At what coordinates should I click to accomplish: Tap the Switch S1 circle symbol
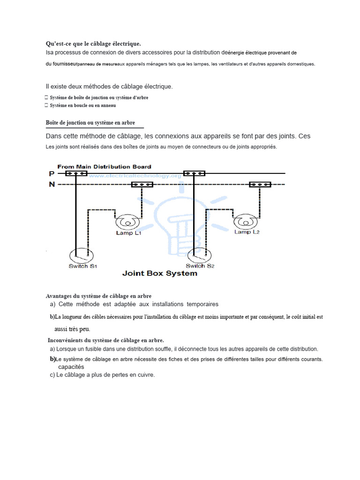(x=79, y=256)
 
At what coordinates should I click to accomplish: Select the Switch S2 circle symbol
(x=197, y=256)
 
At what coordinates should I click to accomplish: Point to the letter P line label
(x=51, y=173)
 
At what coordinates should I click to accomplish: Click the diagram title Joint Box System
(x=159, y=273)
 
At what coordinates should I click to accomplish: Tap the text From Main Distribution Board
(x=104, y=166)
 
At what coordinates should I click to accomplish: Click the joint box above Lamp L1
(x=142, y=185)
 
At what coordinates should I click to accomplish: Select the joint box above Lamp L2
(x=260, y=185)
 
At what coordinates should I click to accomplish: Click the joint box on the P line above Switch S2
(x=194, y=173)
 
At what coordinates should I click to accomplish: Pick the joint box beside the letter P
(x=76, y=173)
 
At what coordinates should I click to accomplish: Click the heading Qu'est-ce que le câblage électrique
(x=93, y=44)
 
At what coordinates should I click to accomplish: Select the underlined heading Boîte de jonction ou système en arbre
(x=90, y=123)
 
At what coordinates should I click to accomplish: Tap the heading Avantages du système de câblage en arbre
(x=99, y=296)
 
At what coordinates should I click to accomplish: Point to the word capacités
(x=71, y=367)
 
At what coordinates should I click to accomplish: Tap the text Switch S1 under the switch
(x=82, y=266)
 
